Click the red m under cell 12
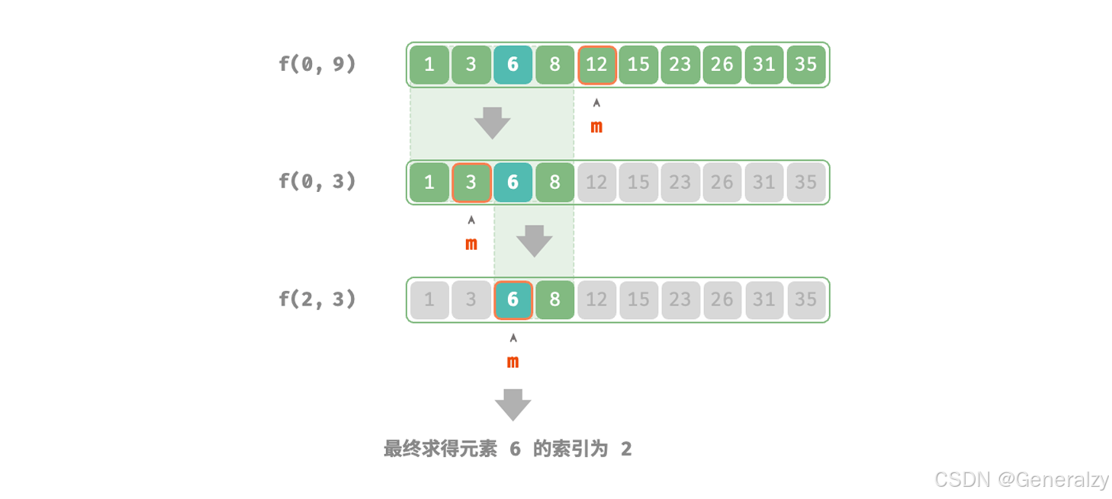(596, 127)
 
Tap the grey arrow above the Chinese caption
(513, 405)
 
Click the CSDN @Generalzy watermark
(1021, 479)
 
